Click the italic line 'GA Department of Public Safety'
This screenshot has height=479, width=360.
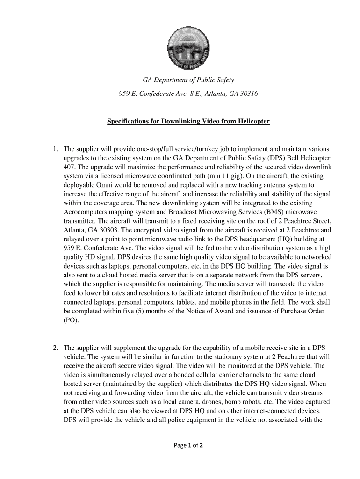click(188, 80)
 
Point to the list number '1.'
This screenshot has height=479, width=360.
click(55, 149)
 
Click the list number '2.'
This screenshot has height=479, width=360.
click(55, 348)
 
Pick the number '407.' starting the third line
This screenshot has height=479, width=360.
click(71, 167)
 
